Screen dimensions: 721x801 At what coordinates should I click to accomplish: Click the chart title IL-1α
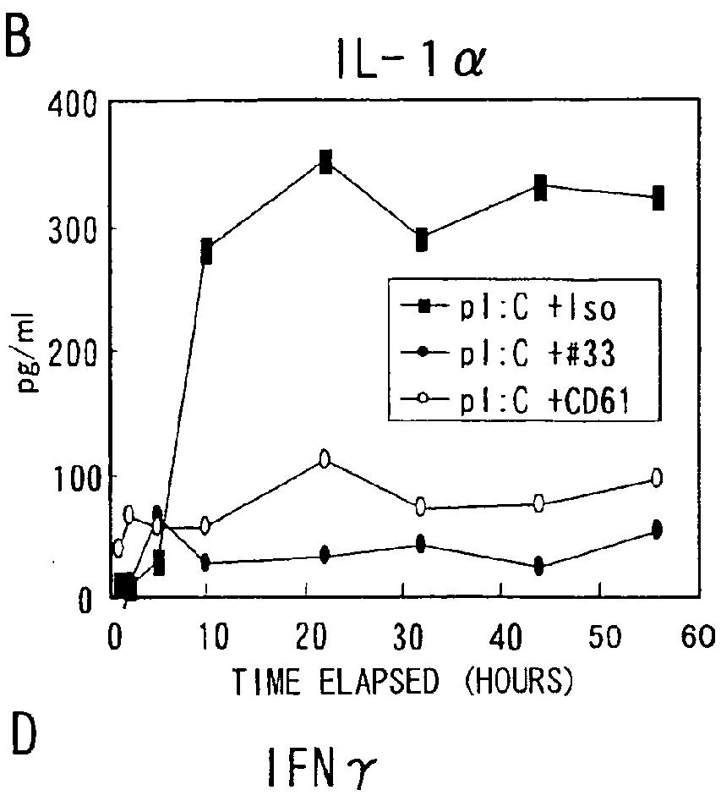pos(409,61)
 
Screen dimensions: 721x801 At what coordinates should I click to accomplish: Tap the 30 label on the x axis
pos(408,637)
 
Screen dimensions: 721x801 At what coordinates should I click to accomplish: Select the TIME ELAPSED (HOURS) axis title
pos(403,682)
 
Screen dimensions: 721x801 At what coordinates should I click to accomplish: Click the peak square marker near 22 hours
pos(325,162)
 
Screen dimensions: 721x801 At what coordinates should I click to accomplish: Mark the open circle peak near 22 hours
pos(325,458)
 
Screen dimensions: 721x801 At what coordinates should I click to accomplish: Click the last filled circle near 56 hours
pos(657,529)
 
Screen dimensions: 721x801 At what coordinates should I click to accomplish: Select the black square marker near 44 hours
pos(540,188)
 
